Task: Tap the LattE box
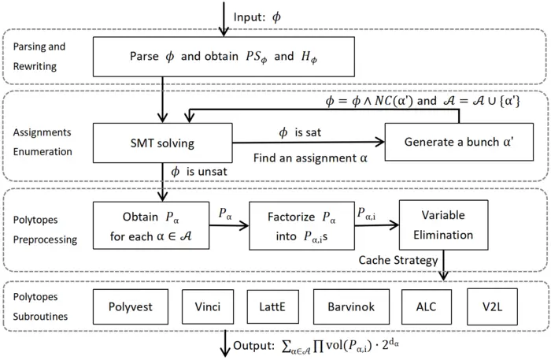[x=272, y=306]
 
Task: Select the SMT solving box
[x=163, y=143]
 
